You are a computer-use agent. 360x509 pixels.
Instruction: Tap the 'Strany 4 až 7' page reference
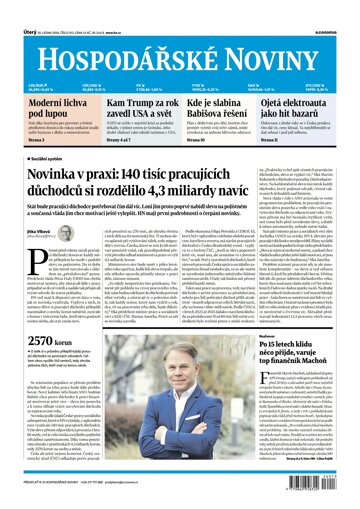pyautogui.click(x=116, y=142)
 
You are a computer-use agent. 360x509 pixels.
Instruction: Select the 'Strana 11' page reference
pyautogui.click(x=294, y=142)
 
